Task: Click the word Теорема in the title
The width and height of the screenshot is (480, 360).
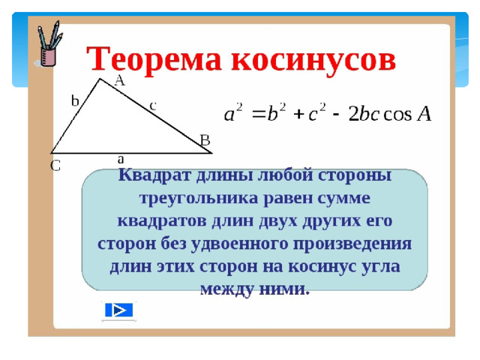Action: [x=154, y=59]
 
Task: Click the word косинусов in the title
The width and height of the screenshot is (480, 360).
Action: [x=313, y=60]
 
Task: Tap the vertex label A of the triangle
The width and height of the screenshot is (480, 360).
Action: [x=120, y=80]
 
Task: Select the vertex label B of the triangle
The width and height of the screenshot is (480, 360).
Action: [x=205, y=140]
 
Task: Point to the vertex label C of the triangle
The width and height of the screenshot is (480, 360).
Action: [x=55, y=166]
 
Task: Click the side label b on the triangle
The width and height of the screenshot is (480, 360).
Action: [x=75, y=100]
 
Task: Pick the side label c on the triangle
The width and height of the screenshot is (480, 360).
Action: [x=153, y=106]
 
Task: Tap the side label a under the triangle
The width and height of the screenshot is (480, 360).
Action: [x=121, y=159]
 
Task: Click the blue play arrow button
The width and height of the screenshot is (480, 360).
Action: [x=118, y=310]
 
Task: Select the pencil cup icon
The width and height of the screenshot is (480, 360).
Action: [x=49, y=44]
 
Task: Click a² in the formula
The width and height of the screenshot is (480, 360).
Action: [x=233, y=112]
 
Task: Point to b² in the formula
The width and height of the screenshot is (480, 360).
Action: [x=277, y=112]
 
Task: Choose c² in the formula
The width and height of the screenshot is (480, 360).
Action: [x=316, y=112]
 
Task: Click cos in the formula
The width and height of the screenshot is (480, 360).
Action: [x=397, y=115]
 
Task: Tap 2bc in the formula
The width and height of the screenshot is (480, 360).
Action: [x=364, y=114]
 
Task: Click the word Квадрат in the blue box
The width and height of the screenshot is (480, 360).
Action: [x=154, y=175]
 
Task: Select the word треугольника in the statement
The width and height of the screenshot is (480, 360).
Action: [x=199, y=199]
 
